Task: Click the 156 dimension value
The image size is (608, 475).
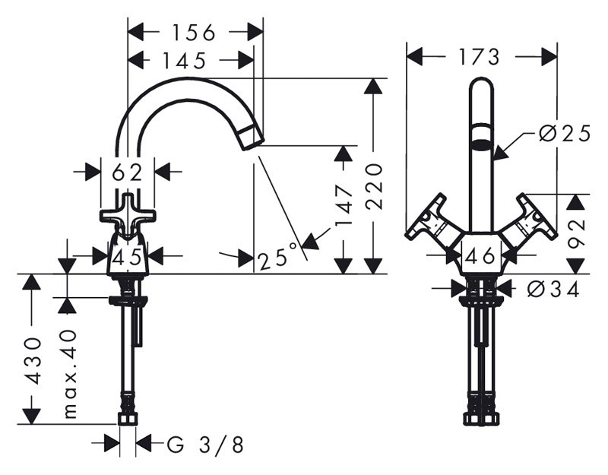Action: coord(193,33)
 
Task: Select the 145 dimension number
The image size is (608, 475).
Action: coord(183,61)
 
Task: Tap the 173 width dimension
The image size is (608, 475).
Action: coord(479,58)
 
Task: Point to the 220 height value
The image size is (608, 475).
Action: coord(374,186)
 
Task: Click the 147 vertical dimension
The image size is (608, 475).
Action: coord(344,205)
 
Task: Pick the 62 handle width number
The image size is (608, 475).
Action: coord(127,173)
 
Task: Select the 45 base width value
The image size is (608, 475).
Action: coord(127,257)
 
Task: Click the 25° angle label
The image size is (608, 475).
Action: coord(277,257)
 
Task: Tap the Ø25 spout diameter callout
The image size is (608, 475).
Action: coord(565,134)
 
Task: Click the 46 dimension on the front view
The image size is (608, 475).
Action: coord(480,256)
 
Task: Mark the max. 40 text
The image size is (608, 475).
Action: coord(70,374)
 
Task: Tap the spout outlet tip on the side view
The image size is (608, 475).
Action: coord(252,138)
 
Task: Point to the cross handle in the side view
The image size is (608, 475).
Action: coord(128,215)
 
